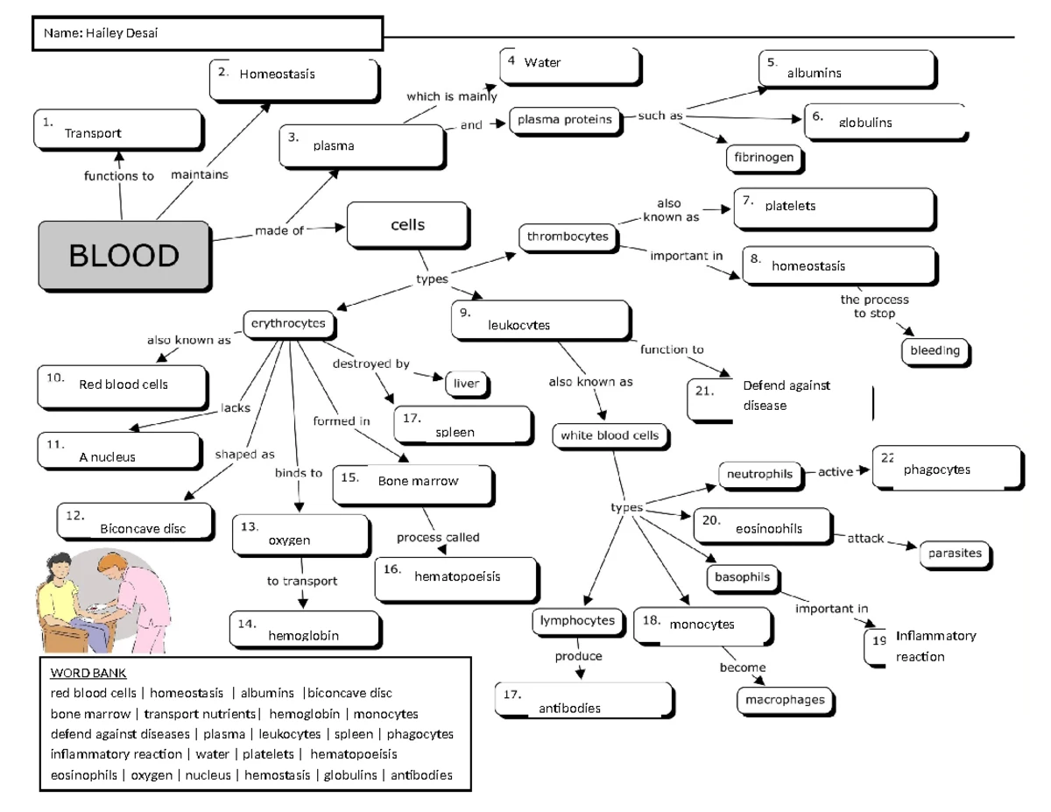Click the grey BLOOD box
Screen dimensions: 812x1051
pyautogui.click(x=124, y=255)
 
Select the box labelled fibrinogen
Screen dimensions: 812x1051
pyautogui.click(x=765, y=158)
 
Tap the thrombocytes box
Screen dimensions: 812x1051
pyautogui.click(x=568, y=237)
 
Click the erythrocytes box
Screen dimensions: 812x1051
pyautogui.click(x=288, y=324)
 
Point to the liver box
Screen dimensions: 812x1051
pyautogui.click(x=467, y=383)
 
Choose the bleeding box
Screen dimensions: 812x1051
pyautogui.click(x=935, y=351)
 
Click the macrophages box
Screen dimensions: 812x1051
pyautogui.click(x=785, y=700)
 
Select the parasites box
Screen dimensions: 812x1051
pyautogui.click(x=956, y=554)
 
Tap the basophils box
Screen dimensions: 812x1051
pyautogui.click(x=743, y=577)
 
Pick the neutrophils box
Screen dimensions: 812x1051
pyautogui.click(x=759, y=474)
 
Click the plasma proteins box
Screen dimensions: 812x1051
pyautogui.click(x=564, y=120)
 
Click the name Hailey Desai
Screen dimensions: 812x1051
pyautogui.click(x=122, y=33)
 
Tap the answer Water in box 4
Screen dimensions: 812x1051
pyautogui.click(x=542, y=62)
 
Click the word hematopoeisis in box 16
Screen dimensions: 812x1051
pyautogui.click(x=457, y=576)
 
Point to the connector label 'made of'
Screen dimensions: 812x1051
pyautogui.click(x=279, y=231)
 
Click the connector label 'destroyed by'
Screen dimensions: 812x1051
pyautogui.click(x=370, y=364)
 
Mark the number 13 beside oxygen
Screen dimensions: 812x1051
pyautogui.click(x=250, y=526)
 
